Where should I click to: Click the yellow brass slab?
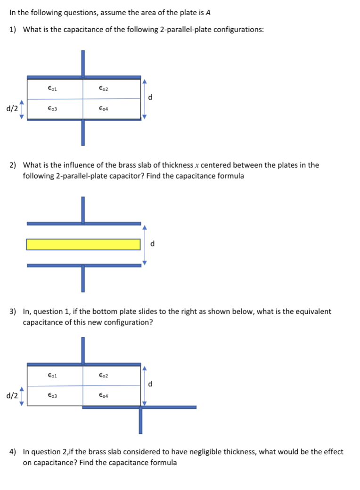tap(83, 244)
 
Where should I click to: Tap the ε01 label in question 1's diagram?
tap(53, 88)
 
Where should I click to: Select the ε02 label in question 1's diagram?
tap(104, 88)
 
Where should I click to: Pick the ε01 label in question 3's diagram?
tap(53, 376)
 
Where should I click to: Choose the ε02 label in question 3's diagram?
tap(104, 376)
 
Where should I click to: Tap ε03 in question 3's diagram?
tap(53, 396)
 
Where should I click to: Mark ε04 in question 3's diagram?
tap(104, 396)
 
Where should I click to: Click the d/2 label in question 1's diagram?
tap(12, 109)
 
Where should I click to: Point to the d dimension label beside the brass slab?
tap(153, 244)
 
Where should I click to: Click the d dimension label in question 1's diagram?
tap(150, 98)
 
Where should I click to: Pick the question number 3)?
tap(14, 311)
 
